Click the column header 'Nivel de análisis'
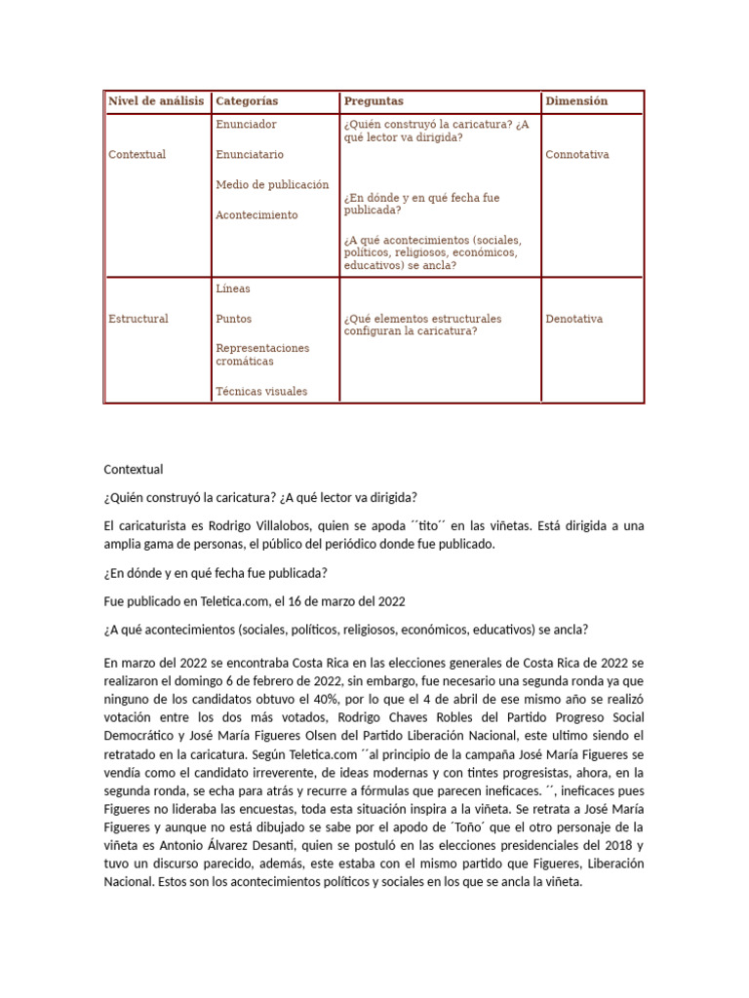pyautogui.click(x=156, y=101)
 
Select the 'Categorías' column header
pyautogui.click(x=247, y=101)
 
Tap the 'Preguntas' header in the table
pyautogui.click(x=373, y=101)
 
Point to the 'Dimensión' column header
pyautogui.click(x=576, y=101)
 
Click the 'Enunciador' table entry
pyautogui.click(x=246, y=125)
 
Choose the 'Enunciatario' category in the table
pyautogui.click(x=250, y=155)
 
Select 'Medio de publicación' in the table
pyautogui.click(x=272, y=185)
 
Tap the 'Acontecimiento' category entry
pyautogui.click(x=256, y=215)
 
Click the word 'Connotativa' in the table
pyautogui.click(x=578, y=155)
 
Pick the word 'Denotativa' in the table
pyautogui.click(x=574, y=319)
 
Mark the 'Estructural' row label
pyautogui.click(x=138, y=319)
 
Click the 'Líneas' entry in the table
pyautogui.click(x=233, y=288)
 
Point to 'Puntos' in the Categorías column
pyautogui.click(x=234, y=319)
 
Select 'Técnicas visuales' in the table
pyautogui.click(x=261, y=392)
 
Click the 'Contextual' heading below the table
pyautogui.click(x=134, y=470)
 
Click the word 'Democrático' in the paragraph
pyautogui.click(x=140, y=737)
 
